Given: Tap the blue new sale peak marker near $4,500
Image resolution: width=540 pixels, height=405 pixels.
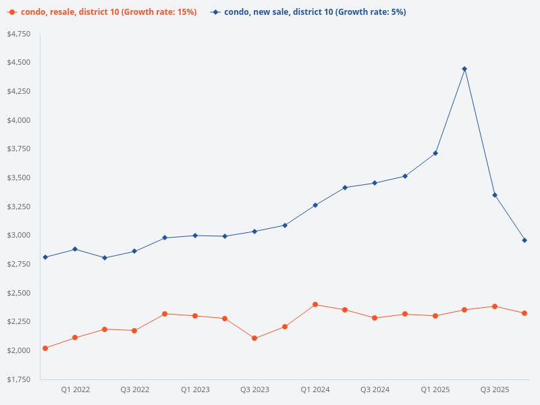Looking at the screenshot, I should tap(464, 69).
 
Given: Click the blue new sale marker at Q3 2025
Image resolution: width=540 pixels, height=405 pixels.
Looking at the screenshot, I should tap(495, 195).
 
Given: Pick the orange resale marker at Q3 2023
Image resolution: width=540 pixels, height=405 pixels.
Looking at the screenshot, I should tap(254, 338).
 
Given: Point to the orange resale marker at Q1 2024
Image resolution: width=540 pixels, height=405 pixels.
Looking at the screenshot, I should tap(315, 304).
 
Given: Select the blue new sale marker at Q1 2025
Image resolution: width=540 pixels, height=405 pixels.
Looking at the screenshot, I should tap(435, 153).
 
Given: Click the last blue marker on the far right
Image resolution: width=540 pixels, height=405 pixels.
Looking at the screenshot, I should tap(524, 240).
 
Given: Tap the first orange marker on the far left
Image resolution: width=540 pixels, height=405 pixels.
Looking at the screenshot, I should tap(45, 348).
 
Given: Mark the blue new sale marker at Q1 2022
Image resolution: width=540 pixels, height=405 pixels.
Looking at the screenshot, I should tap(75, 249).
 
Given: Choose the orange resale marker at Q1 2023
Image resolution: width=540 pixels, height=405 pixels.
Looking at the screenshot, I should tap(195, 316).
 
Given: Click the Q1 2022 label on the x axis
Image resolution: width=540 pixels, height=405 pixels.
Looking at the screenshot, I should tap(75, 389).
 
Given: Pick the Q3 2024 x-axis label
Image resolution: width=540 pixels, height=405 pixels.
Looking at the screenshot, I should tap(375, 389).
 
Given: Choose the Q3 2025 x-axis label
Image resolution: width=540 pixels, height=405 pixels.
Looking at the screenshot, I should tap(495, 389).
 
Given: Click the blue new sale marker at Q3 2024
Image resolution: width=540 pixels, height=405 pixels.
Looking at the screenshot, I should tap(375, 183).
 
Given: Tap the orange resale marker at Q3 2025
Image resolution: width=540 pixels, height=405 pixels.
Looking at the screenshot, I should tap(495, 306).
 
